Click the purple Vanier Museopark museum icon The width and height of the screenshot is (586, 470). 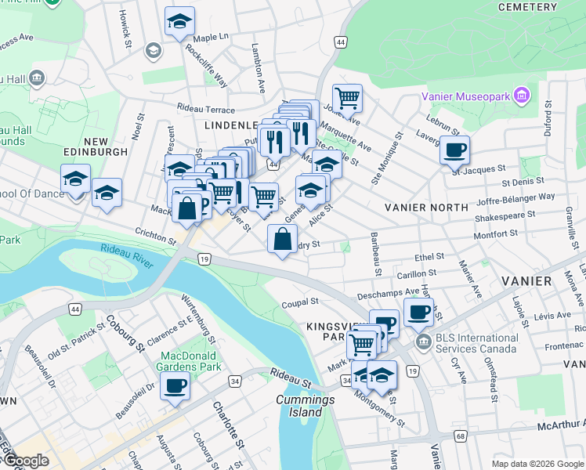tap(523, 96)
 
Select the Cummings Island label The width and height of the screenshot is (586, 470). tap(305, 406)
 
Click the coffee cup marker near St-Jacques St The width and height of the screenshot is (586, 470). tap(454, 149)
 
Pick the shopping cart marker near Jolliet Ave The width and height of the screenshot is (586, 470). tap(347, 98)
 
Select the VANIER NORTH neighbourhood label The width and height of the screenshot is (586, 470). tap(426, 207)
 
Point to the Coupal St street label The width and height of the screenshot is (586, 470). tap(301, 302)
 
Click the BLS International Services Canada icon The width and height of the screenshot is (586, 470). tap(423, 342)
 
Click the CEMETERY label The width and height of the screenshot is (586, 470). tap(527, 6)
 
